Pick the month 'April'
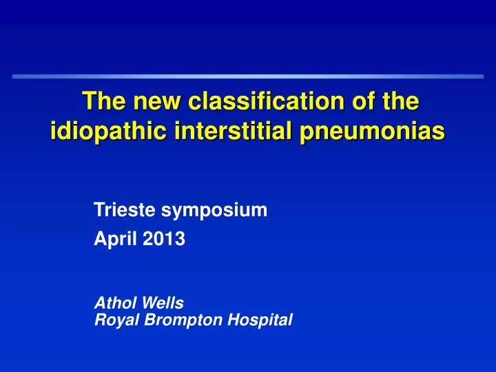point(111,240)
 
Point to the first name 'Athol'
point(112,302)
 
